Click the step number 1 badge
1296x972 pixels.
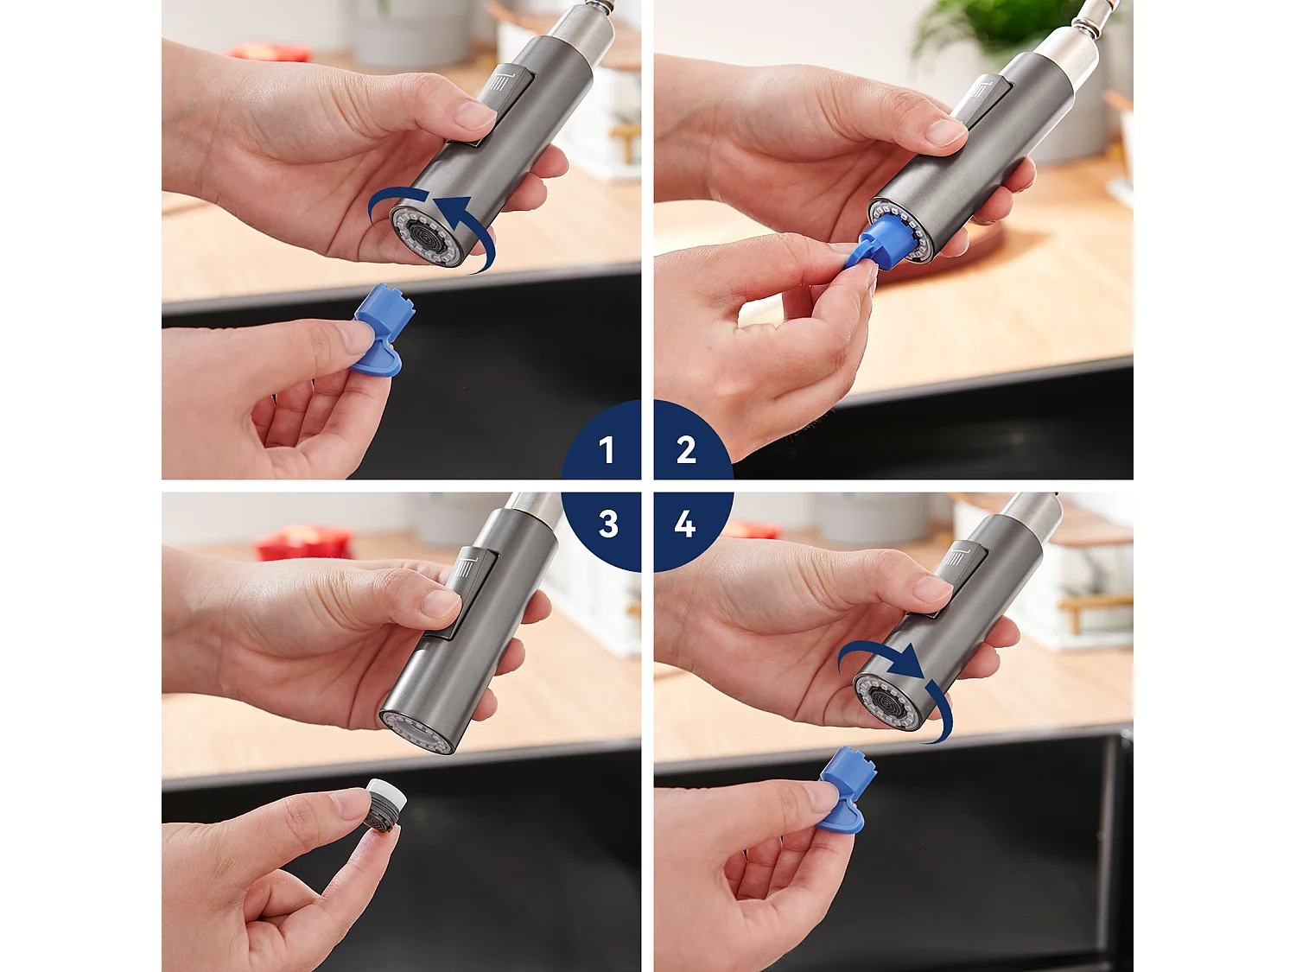pos(607,448)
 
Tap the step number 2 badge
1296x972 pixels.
pos(686,448)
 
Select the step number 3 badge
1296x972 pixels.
pos(607,524)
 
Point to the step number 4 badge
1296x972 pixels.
pos(685,524)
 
